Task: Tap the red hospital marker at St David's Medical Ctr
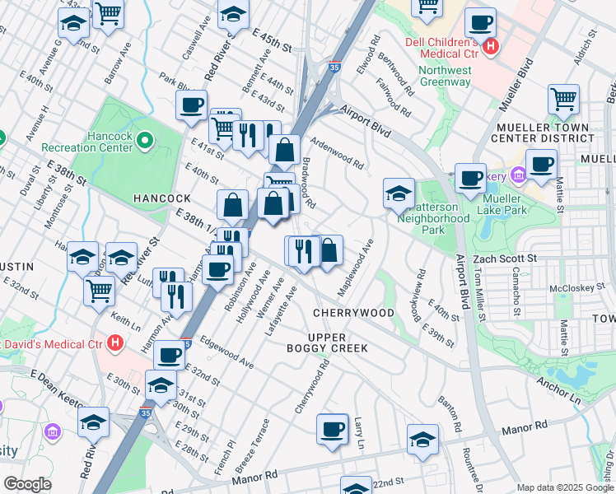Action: pyautogui.click(x=115, y=342)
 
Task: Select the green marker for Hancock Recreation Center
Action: pyautogui.click(x=146, y=141)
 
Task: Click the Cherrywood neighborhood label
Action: pyautogui.click(x=353, y=314)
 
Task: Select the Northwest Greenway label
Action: pyautogui.click(x=445, y=76)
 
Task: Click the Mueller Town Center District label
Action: pyautogui.click(x=542, y=133)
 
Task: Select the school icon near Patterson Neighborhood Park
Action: pyautogui.click(x=399, y=193)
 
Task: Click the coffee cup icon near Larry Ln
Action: pyautogui.click(x=333, y=429)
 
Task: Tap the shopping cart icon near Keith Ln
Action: pyautogui.click(x=99, y=289)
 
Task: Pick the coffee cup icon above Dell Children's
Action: pyautogui.click(x=479, y=22)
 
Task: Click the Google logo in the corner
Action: pyautogui.click(x=26, y=485)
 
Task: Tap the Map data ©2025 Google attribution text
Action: pyautogui.click(x=565, y=487)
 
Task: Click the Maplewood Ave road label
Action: pyautogui.click(x=357, y=268)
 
